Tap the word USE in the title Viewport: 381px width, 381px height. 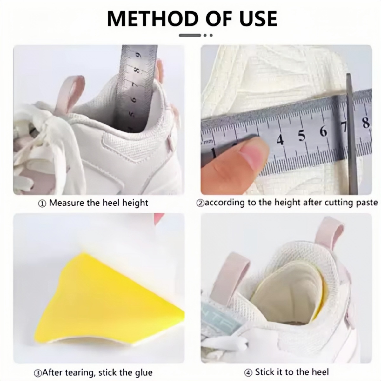tap(258, 18)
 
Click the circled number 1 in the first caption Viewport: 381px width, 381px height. tap(42, 204)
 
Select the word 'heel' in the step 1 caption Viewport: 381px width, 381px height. tap(111, 203)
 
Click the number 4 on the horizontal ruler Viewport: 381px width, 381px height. tap(280, 140)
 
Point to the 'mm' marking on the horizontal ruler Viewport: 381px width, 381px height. tap(207, 142)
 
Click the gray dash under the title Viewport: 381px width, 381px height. tap(190, 35)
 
